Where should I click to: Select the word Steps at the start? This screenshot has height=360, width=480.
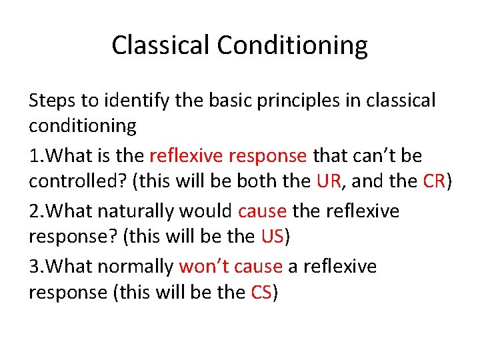[x=51, y=101]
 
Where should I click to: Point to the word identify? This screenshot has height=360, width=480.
[x=125, y=101]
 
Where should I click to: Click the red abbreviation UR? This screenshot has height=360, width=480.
[x=329, y=181]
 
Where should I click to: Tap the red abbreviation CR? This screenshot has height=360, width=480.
[x=434, y=181]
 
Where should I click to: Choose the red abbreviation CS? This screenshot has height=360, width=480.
[x=261, y=292]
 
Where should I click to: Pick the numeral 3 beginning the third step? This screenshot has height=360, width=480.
[x=33, y=267]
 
